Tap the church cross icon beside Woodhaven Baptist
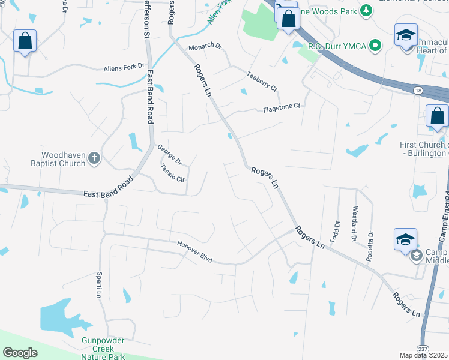point(93,158)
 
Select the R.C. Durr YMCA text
point(337,45)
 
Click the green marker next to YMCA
point(375,45)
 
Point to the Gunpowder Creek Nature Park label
point(103,349)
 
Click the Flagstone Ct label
point(281,108)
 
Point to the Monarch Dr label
point(205,47)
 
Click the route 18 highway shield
point(417,89)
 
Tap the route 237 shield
point(421,349)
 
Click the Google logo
point(20,353)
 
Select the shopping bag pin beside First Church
point(438,115)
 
